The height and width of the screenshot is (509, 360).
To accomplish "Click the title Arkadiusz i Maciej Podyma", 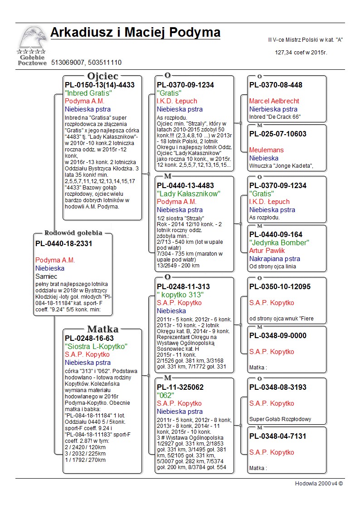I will click(x=135, y=33).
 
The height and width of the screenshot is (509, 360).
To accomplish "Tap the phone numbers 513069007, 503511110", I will click(x=86, y=62).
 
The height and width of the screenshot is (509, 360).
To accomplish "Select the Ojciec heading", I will click(x=102, y=76).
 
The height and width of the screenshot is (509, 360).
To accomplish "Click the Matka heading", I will click(x=102, y=329).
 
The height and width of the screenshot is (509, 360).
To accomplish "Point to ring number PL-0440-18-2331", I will click(x=64, y=244).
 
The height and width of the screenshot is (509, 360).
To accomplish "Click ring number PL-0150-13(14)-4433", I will click(x=100, y=85).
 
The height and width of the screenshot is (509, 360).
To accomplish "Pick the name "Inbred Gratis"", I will click(x=88, y=93).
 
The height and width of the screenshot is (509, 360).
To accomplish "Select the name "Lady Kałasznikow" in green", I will click(x=188, y=194).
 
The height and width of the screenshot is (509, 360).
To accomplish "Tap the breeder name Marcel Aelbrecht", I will click(x=275, y=101).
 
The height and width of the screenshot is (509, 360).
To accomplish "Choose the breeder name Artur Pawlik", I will click(x=267, y=251).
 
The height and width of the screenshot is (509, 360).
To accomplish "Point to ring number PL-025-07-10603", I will click(x=277, y=134).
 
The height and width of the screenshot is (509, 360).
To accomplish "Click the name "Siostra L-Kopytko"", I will click(x=96, y=346).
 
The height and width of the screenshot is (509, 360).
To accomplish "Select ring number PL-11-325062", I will click(x=180, y=388).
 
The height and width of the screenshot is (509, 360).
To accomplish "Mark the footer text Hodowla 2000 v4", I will click(x=319, y=484).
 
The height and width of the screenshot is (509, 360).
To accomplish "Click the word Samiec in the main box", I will click(x=46, y=276).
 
